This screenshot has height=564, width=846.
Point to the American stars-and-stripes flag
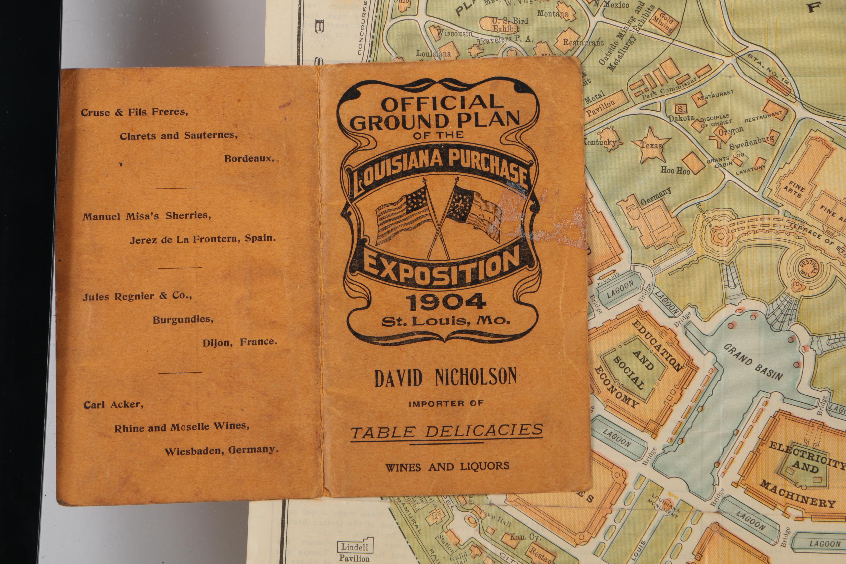click(403, 214)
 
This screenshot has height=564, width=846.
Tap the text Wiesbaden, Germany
click(221, 450)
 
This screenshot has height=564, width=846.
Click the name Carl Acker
click(113, 405)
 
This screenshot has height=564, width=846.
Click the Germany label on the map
click(655, 196)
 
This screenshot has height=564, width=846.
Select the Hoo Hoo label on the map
click(675, 170)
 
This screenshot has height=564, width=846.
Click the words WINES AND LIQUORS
click(447, 467)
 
